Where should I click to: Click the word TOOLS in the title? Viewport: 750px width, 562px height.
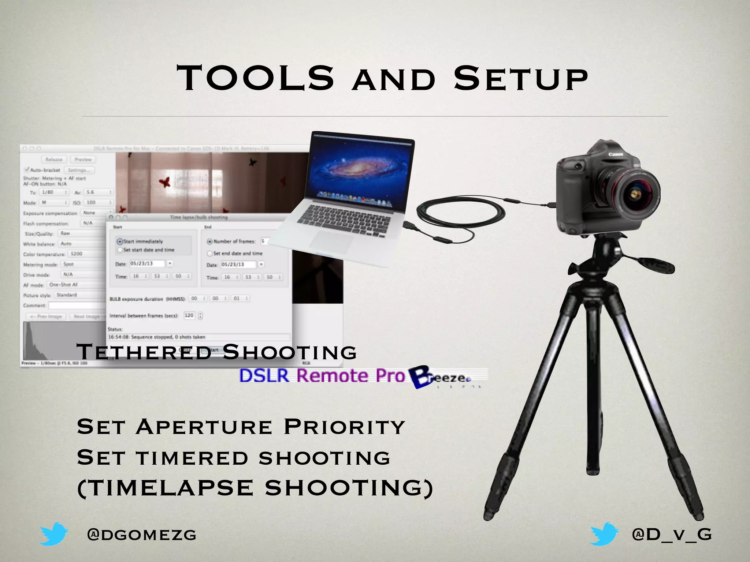point(256,78)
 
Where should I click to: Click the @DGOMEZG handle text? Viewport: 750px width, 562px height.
point(142,535)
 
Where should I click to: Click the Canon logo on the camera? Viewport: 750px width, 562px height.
point(616,154)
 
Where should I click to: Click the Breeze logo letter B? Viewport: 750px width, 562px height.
point(421,377)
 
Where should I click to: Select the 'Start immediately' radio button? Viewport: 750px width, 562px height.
point(120,241)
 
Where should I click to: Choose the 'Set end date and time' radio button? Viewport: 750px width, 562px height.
point(210,253)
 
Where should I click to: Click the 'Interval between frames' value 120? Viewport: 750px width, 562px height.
point(189,315)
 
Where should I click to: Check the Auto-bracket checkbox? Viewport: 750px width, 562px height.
point(27,170)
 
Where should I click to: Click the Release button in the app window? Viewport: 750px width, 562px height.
point(54,160)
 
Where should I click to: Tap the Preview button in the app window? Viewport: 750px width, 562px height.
point(83,160)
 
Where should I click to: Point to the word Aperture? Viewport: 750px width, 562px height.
point(204,427)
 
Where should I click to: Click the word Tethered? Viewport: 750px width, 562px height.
point(144,352)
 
